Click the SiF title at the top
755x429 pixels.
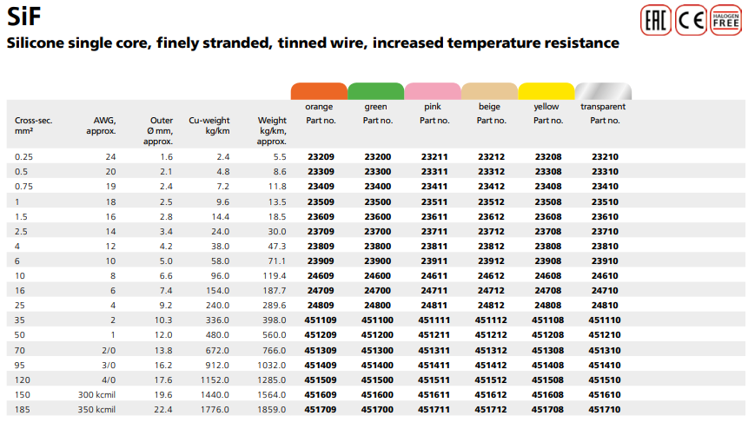point(24,16)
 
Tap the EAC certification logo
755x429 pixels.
point(655,20)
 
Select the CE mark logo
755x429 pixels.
point(691,20)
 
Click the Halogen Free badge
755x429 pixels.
point(726,20)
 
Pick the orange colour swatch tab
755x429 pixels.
point(319,91)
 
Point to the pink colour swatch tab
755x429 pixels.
point(433,91)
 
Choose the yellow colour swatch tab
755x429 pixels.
point(546,91)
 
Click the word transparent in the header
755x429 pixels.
point(603,107)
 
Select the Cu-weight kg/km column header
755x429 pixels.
point(209,125)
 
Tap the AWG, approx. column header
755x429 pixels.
point(101,125)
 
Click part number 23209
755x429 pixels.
point(321,156)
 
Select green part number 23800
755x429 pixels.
point(377,246)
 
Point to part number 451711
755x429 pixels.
point(434,409)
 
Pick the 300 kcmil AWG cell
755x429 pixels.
point(96,394)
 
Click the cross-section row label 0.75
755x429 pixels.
point(23,187)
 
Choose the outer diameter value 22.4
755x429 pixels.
point(163,409)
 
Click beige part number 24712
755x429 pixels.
point(491,290)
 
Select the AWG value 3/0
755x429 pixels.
point(109,365)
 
